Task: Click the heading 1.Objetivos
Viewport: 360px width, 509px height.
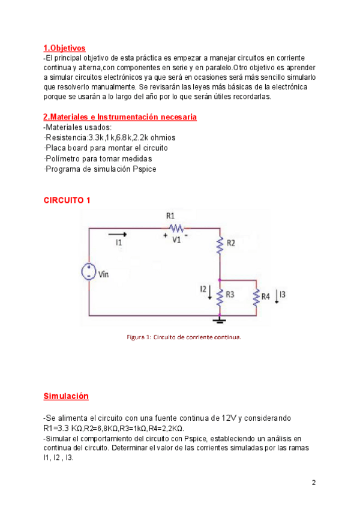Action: [64, 48]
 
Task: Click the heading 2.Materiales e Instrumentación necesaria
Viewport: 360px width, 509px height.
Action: [120, 117]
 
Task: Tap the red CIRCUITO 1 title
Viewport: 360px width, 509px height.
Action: [67, 200]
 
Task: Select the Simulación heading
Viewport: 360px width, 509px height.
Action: [66, 396]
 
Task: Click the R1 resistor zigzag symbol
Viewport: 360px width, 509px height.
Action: [176, 227]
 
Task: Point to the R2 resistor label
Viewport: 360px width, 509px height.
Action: [230, 243]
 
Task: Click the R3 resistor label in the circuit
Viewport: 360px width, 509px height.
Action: [230, 295]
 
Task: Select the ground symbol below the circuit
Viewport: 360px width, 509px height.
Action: [220, 321]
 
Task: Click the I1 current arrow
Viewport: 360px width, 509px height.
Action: [118, 234]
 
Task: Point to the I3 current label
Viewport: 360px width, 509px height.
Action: [283, 294]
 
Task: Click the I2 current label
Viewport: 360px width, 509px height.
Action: [203, 289]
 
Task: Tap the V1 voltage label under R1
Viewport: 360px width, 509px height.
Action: [176, 239]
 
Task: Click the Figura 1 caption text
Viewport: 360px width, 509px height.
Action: [184, 337]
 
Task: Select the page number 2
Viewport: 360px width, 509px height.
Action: [314, 483]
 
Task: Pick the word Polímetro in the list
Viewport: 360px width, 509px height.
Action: [63, 158]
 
